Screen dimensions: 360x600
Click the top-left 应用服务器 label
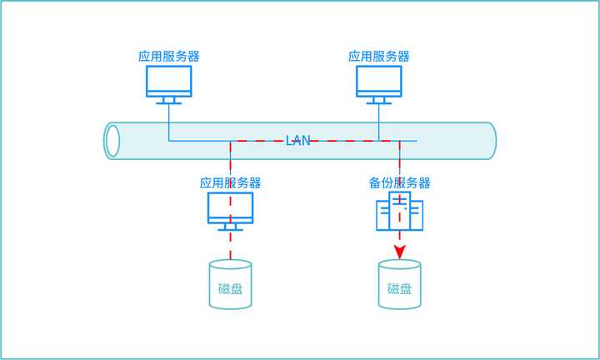pos(169,57)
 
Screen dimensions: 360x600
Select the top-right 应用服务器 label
pos(379,57)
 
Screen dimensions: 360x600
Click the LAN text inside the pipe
pos(297,140)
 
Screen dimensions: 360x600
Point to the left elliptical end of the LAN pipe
pos(112,140)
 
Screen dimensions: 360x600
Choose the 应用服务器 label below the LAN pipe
pos(231,182)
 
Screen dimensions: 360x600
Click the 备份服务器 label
pos(400,182)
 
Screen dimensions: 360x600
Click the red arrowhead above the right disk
pos(400,251)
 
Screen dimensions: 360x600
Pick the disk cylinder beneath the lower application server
pos(231,284)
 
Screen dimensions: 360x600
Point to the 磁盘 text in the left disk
pos(231,289)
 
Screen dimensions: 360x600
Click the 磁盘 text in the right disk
pos(400,289)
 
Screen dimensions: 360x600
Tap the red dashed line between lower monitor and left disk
pos(231,246)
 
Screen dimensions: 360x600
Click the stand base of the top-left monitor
pos(169,103)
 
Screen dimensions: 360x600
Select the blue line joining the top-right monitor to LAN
pos(379,121)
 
